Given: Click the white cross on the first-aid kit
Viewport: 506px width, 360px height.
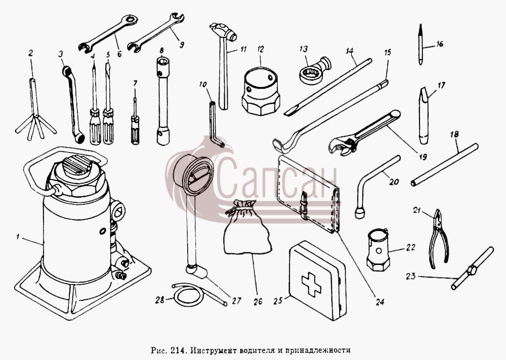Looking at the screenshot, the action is pos(311,284).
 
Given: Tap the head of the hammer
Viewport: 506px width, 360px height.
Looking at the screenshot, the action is pos(223,30).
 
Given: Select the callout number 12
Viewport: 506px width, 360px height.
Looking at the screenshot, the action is pos(261,50).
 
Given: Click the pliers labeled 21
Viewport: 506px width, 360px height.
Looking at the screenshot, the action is pos(439,239).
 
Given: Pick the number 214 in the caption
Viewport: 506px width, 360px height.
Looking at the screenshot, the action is pos(177,350).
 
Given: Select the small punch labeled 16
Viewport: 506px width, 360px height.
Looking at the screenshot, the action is pos(420,44).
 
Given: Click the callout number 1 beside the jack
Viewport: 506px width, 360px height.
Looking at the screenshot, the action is pos(18,237).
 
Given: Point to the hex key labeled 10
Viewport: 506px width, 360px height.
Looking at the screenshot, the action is pos(215,124).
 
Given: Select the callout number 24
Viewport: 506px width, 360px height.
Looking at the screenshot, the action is pos(380,302).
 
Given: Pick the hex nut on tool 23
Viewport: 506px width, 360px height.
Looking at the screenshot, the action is pos(472,270).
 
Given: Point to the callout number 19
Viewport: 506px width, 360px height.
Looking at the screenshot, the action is pos(423,157).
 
